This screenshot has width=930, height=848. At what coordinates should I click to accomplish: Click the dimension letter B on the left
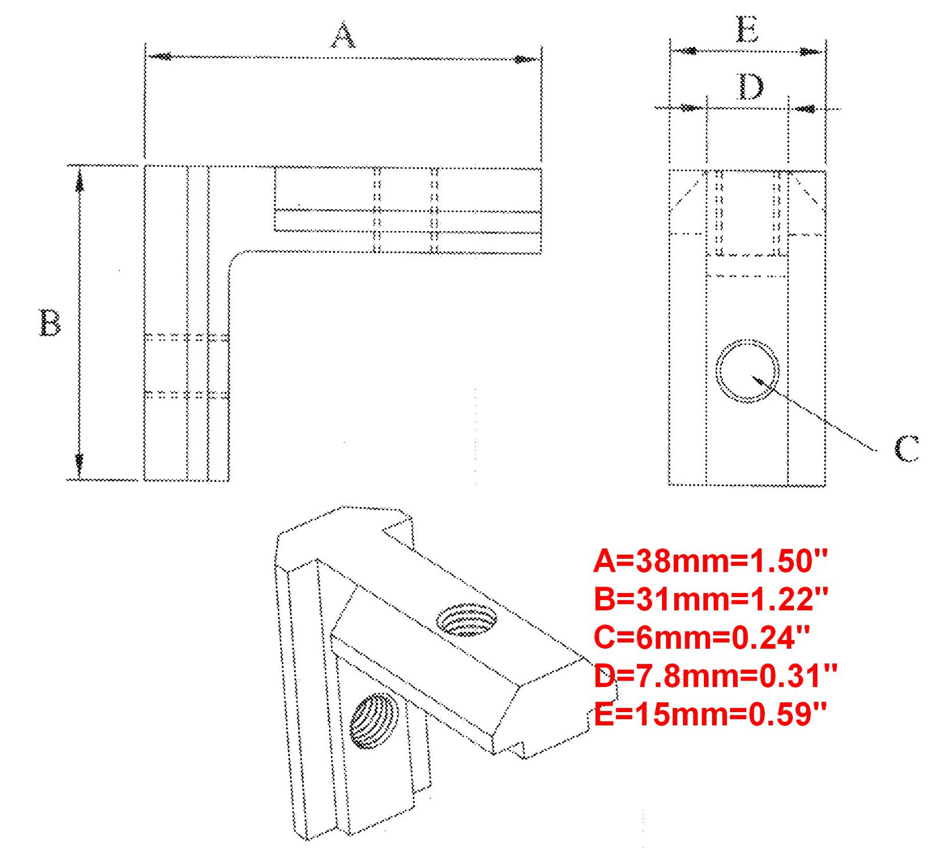50,323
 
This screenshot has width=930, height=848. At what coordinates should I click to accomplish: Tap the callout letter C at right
906,448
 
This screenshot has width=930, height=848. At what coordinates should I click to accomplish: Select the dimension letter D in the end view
750,87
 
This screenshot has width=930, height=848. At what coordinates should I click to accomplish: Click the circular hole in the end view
747,371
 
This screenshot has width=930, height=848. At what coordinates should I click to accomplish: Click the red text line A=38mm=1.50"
710,561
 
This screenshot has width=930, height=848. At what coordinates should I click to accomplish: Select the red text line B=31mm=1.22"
710,599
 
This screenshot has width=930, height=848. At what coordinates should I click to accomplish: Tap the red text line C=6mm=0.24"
701,637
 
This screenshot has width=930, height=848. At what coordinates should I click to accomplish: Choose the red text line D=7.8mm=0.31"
715,675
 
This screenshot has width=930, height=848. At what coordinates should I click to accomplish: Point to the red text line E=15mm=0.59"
710,714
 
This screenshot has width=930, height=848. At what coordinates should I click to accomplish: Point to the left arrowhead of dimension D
691,108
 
